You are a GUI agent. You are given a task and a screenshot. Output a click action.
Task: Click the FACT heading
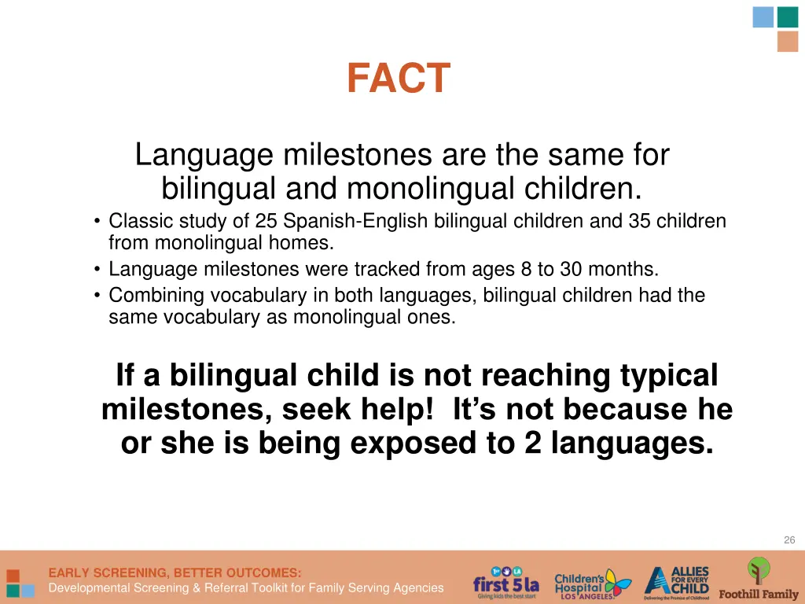(399, 79)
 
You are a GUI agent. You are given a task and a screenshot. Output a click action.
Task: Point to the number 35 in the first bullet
(638, 222)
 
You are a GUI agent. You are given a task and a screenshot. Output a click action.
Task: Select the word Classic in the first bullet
(135, 222)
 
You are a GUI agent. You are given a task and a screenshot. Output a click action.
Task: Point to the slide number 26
(789, 540)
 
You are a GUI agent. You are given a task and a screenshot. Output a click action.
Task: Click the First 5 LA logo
(505, 582)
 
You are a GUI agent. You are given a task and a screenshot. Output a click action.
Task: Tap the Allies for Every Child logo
(677, 582)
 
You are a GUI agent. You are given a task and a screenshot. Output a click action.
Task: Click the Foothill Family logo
(759, 580)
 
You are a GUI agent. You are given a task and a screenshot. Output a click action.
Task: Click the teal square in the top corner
(788, 17)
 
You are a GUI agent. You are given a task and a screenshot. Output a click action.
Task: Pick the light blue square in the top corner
(763, 17)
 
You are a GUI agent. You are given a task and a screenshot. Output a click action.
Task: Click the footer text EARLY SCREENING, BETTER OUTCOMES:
(175, 573)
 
